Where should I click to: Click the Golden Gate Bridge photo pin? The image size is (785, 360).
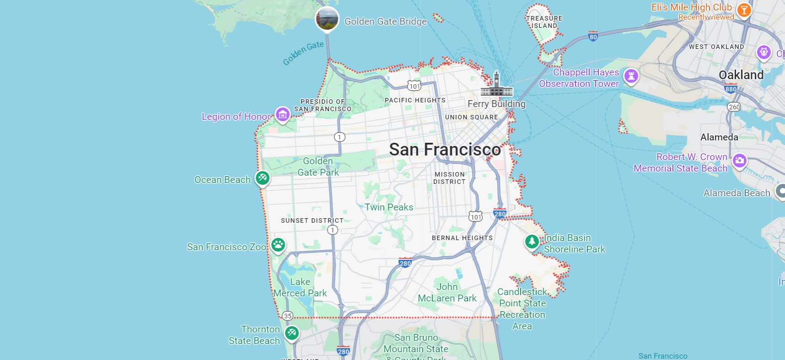tap(327, 19)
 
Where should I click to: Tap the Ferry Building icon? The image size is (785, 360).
tap(497, 85)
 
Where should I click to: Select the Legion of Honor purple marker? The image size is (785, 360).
tap(283, 115)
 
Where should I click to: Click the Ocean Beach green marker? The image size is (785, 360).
tap(262, 177)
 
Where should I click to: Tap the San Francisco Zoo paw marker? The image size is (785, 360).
tap(278, 245)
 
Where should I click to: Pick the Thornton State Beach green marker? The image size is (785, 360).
tap(292, 333)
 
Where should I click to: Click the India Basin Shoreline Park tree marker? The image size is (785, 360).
tap(532, 241)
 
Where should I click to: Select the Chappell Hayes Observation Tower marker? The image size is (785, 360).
tap(631, 76)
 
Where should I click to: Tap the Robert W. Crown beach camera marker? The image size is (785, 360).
tap(739, 161)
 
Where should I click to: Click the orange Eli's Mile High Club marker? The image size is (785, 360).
tap(744, 10)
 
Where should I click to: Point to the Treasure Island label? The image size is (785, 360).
tap(544, 22)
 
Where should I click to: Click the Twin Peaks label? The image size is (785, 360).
tap(389, 207)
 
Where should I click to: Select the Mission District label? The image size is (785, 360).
tap(449, 178)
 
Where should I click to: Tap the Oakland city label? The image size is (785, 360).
tap(741, 75)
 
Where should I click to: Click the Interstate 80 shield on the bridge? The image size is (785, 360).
tap(593, 37)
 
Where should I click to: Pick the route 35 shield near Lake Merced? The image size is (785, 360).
tap(288, 316)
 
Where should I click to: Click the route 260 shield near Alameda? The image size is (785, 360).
tap(734, 107)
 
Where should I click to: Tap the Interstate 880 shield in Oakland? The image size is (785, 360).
tap(731, 89)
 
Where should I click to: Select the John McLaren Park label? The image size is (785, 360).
tap(447, 292)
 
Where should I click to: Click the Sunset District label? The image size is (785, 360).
tap(312, 220)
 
